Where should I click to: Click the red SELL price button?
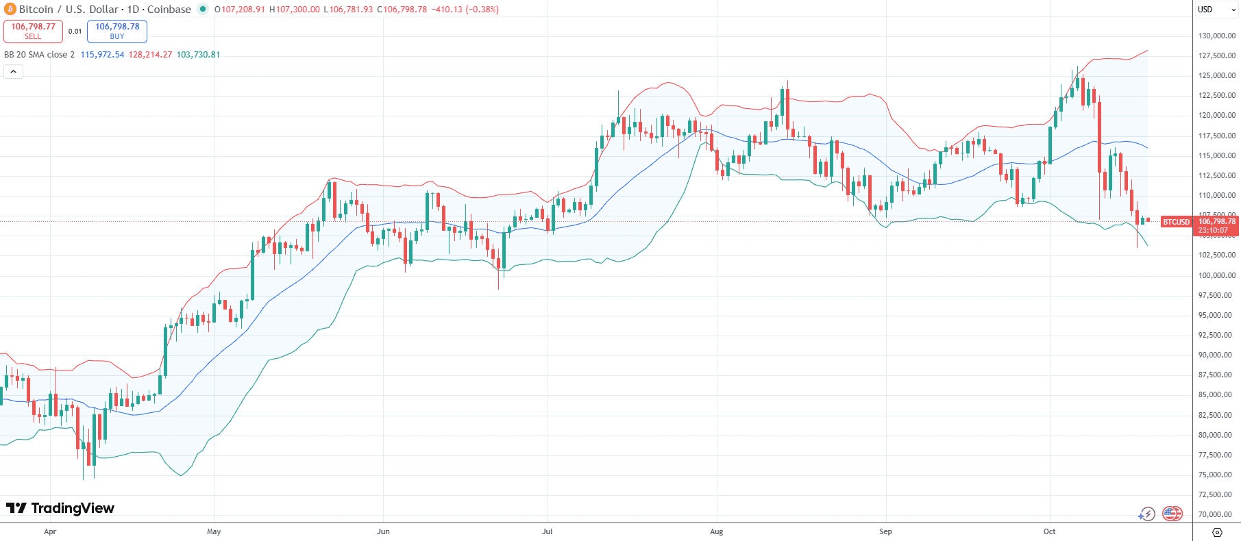(33, 31)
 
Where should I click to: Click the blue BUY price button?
(117, 31)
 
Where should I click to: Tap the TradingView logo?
(60, 508)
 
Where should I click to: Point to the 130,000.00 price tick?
(1216, 36)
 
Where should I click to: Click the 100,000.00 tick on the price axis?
(1216, 275)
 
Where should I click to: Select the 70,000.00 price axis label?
(1216, 514)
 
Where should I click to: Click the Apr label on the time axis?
(50, 531)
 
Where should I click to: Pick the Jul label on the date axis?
(547, 531)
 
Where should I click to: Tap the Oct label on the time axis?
(1049, 531)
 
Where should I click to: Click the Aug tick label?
(716, 531)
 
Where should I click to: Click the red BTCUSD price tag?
(1176, 222)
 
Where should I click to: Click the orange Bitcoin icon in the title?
(10, 10)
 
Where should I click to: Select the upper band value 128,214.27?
(150, 55)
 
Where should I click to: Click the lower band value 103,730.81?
(198, 55)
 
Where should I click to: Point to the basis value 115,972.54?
(102, 55)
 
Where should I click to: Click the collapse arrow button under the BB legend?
(13, 71)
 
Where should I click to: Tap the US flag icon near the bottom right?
(1172, 513)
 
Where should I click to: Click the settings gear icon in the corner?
(1217, 532)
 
